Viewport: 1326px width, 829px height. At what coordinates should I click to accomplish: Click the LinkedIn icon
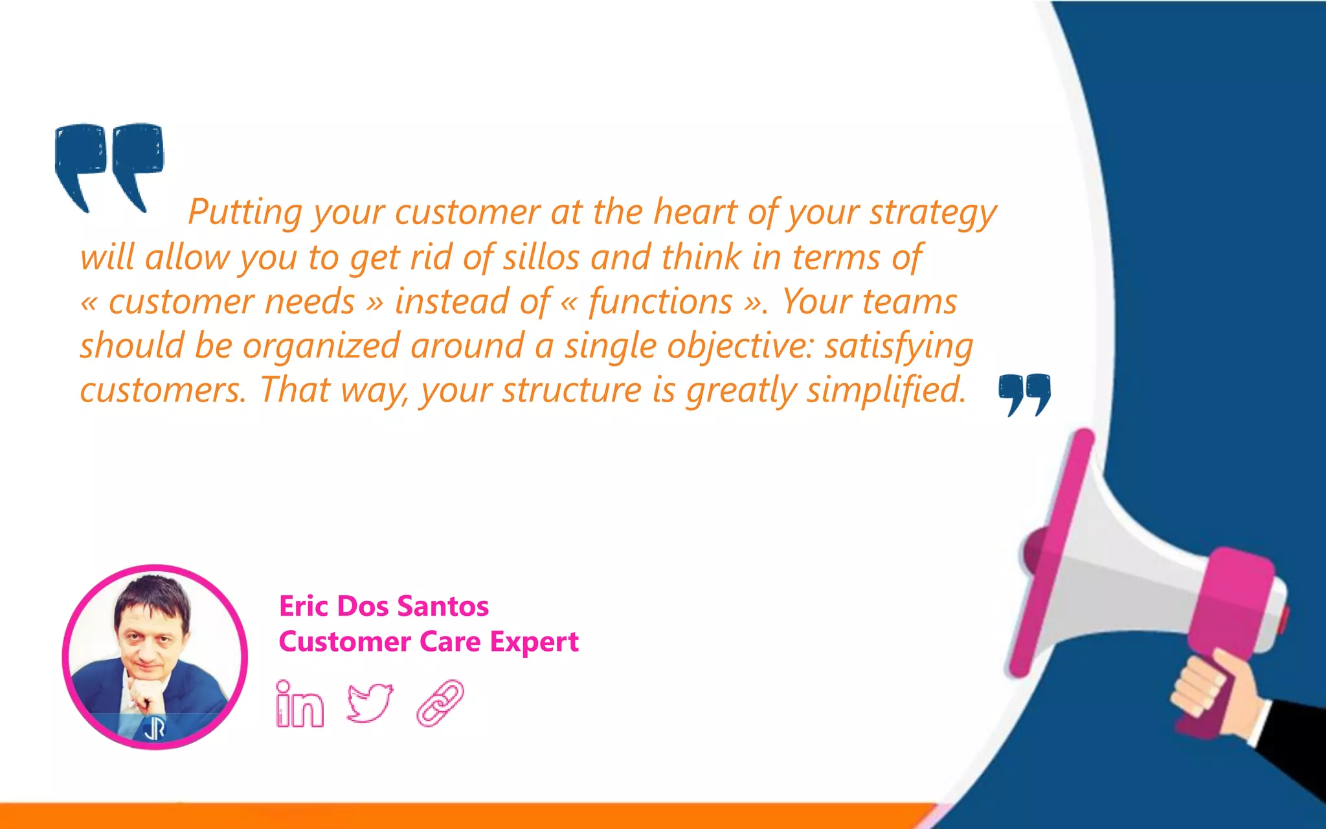(299, 705)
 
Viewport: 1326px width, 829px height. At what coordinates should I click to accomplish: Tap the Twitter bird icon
(370, 703)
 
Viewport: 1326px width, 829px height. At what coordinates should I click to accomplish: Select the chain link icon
(440, 703)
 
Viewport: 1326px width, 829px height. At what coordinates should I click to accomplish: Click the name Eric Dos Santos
(383, 606)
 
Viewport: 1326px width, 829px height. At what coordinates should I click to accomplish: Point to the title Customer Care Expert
(428, 642)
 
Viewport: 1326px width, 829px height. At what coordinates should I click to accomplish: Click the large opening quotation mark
(109, 165)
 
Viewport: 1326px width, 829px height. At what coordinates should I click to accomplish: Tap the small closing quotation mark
(1024, 393)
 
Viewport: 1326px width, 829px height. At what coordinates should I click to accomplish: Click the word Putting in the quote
(245, 212)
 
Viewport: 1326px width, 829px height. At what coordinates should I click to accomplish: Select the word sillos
(541, 257)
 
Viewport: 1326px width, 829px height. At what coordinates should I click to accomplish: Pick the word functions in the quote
(660, 302)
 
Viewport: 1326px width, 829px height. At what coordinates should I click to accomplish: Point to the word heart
(695, 212)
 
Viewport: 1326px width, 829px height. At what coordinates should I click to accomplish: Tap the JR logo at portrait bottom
(154, 729)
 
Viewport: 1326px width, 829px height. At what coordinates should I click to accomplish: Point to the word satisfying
(899, 346)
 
